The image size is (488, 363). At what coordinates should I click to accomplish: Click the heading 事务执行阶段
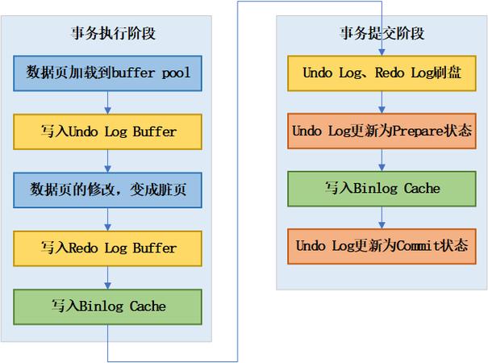(x=108, y=34)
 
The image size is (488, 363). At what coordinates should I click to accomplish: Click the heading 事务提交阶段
(x=382, y=34)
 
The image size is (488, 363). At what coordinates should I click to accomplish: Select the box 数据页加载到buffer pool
(x=107, y=73)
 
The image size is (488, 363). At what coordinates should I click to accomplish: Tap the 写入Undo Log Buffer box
(x=107, y=131)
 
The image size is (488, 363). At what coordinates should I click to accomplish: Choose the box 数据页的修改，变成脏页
(x=107, y=190)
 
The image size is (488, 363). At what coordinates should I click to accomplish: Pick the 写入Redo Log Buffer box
(x=107, y=248)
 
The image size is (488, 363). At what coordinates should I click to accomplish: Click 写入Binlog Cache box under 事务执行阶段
(x=107, y=307)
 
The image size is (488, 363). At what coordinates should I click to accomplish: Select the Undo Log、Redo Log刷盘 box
(x=382, y=73)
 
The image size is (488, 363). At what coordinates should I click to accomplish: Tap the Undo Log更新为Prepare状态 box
(x=382, y=130)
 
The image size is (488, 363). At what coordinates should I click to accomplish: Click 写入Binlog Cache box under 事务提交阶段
(x=382, y=188)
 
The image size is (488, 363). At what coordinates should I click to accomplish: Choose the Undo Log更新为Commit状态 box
(x=382, y=245)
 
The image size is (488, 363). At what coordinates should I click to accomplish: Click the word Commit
(x=415, y=245)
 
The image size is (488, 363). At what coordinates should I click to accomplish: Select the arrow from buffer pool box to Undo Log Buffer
(x=107, y=102)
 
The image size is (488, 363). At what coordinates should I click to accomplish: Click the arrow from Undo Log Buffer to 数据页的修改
(x=107, y=160)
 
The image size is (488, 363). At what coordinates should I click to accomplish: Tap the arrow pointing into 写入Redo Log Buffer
(x=107, y=219)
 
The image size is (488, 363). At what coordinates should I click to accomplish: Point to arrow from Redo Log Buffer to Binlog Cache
(x=107, y=277)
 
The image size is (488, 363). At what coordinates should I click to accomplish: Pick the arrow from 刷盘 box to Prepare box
(x=382, y=102)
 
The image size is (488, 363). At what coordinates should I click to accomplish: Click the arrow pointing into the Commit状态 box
(x=382, y=217)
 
